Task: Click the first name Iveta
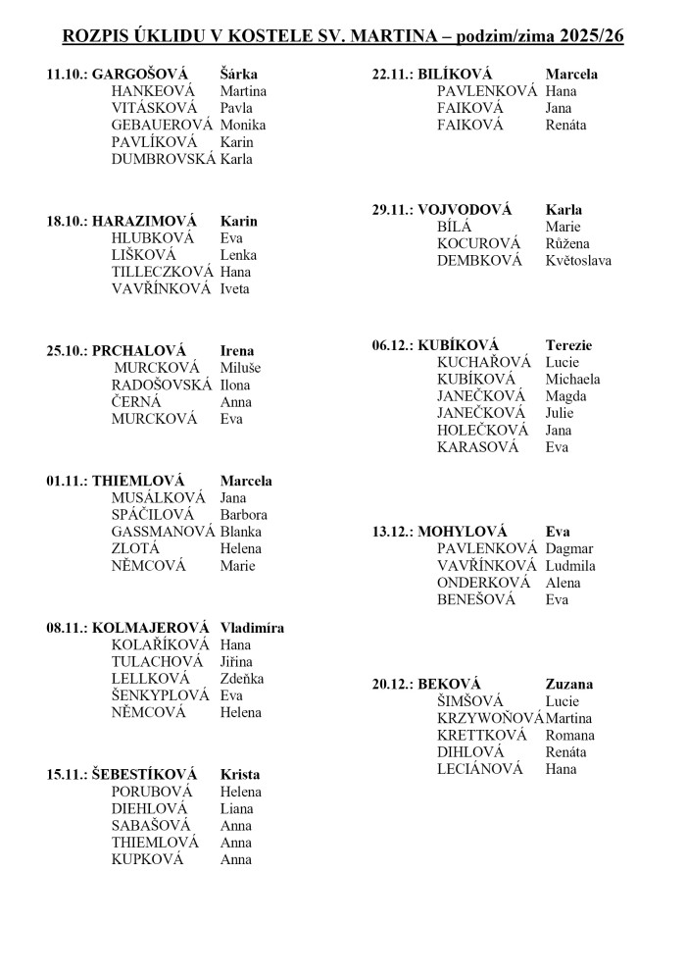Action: pyautogui.click(x=235, y=288)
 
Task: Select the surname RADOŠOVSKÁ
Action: pyautogui.click(x=162, y=385)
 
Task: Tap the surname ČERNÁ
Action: pyautogui.click(x=136, y=402)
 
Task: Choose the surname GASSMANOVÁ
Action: pyautogui.click(x=163, y=532)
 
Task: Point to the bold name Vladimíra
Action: pyautogui.click(x=252, y=628)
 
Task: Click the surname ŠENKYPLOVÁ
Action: pyautogui.click(x=161, y=695)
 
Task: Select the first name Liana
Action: pyautogui.click(x=236, y=809)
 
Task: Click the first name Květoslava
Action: pyautogui.click(x=578, y=261)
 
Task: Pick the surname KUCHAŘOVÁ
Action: pyautogui.click(x=484, y=362)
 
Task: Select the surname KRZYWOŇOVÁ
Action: pyautogui.click(x=490, y=718)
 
